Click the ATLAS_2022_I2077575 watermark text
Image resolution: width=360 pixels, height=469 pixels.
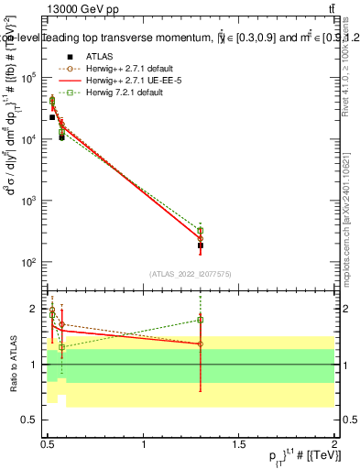(x=191, y=273)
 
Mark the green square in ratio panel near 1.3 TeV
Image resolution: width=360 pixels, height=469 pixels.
(x=201, y=320)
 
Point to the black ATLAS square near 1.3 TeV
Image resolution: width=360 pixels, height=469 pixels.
(x=201, y=245)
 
